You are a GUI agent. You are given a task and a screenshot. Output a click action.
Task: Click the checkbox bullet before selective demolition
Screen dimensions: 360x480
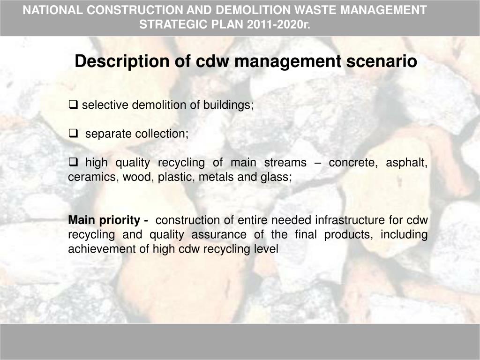tap(73, 105)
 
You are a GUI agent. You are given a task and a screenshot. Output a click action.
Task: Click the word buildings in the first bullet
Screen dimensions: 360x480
tap(228, 105)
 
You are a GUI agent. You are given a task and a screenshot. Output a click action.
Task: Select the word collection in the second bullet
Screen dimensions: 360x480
tap(162, 134)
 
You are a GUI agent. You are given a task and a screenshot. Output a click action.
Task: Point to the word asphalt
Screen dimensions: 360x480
tap(406, 163)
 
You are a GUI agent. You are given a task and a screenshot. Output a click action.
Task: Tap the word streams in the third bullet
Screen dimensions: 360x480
tap(285, 163)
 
